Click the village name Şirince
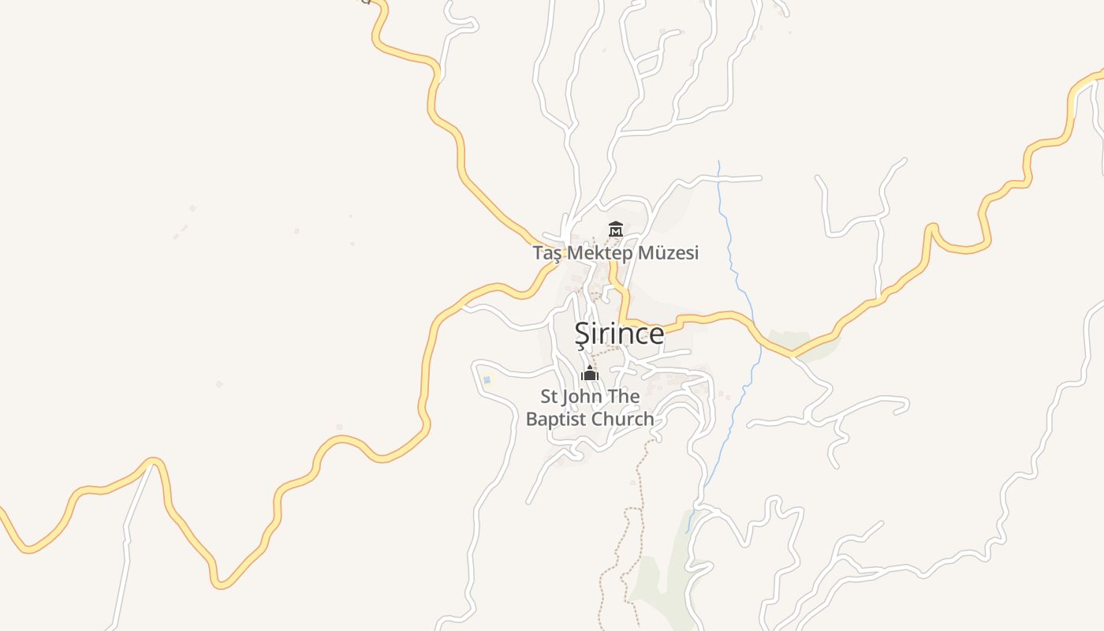(619, 334)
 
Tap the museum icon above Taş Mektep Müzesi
(616, 230)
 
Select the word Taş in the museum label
(549, 254)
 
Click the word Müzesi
(673, 253)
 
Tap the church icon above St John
(590, 373)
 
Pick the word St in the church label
(549, 396)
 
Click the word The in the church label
(623, 396)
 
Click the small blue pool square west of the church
(487, 380)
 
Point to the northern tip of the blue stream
(718, 162)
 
